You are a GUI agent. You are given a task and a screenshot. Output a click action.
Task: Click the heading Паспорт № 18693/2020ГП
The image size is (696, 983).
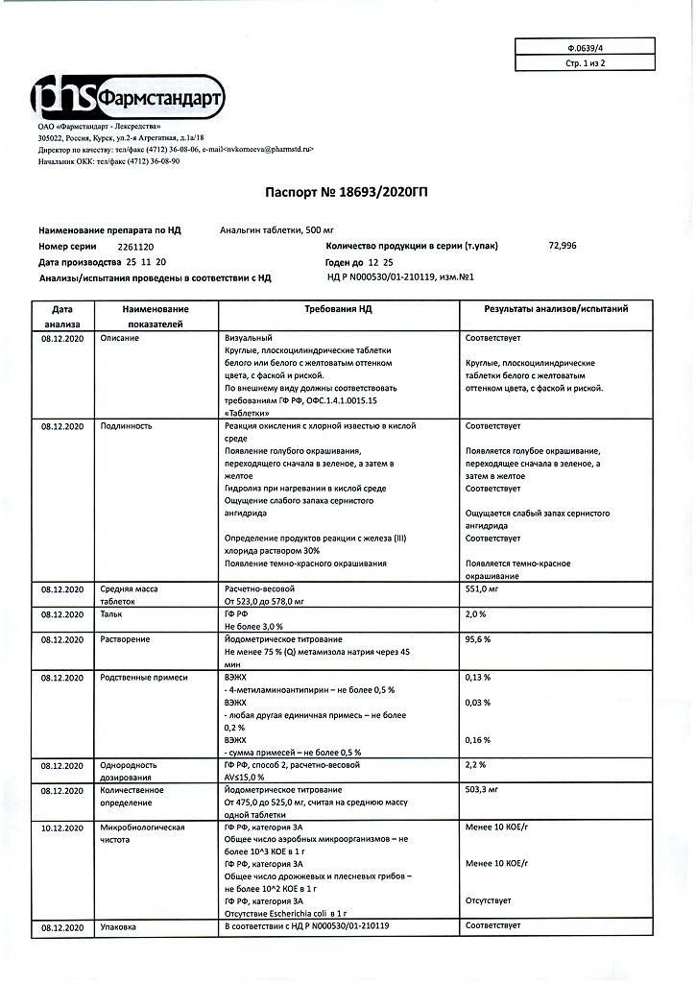[x=347, y=193]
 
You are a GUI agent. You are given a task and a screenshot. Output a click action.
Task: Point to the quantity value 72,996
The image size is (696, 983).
[x=563, y=246]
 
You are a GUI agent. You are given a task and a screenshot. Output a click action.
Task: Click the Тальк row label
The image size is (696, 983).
[x=112, y=613]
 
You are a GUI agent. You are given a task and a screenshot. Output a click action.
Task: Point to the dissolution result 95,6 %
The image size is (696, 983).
[x=478, y=638]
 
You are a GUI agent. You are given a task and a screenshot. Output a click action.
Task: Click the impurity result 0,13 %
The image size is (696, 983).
[x=478, y=677]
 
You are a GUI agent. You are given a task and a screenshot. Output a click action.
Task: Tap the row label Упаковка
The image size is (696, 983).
[x=118, y=926]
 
